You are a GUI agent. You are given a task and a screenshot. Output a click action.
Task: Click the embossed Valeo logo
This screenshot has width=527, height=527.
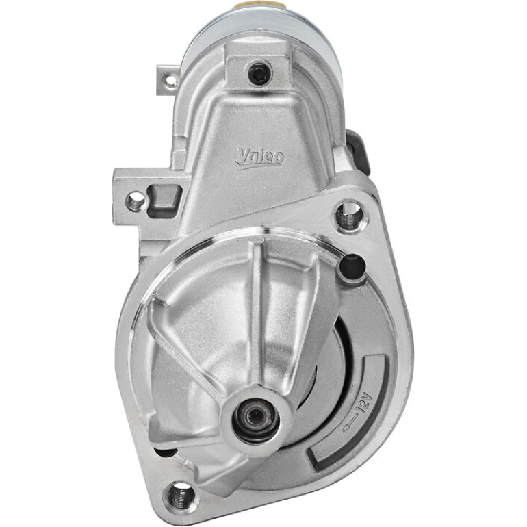click(259, 158)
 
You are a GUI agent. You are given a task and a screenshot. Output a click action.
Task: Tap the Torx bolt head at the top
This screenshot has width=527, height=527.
click(259, 73)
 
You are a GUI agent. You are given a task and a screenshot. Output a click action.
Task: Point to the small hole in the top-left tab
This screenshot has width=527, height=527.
click(171, 80)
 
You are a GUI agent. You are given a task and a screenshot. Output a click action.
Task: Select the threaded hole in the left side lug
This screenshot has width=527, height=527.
click(136, 201)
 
